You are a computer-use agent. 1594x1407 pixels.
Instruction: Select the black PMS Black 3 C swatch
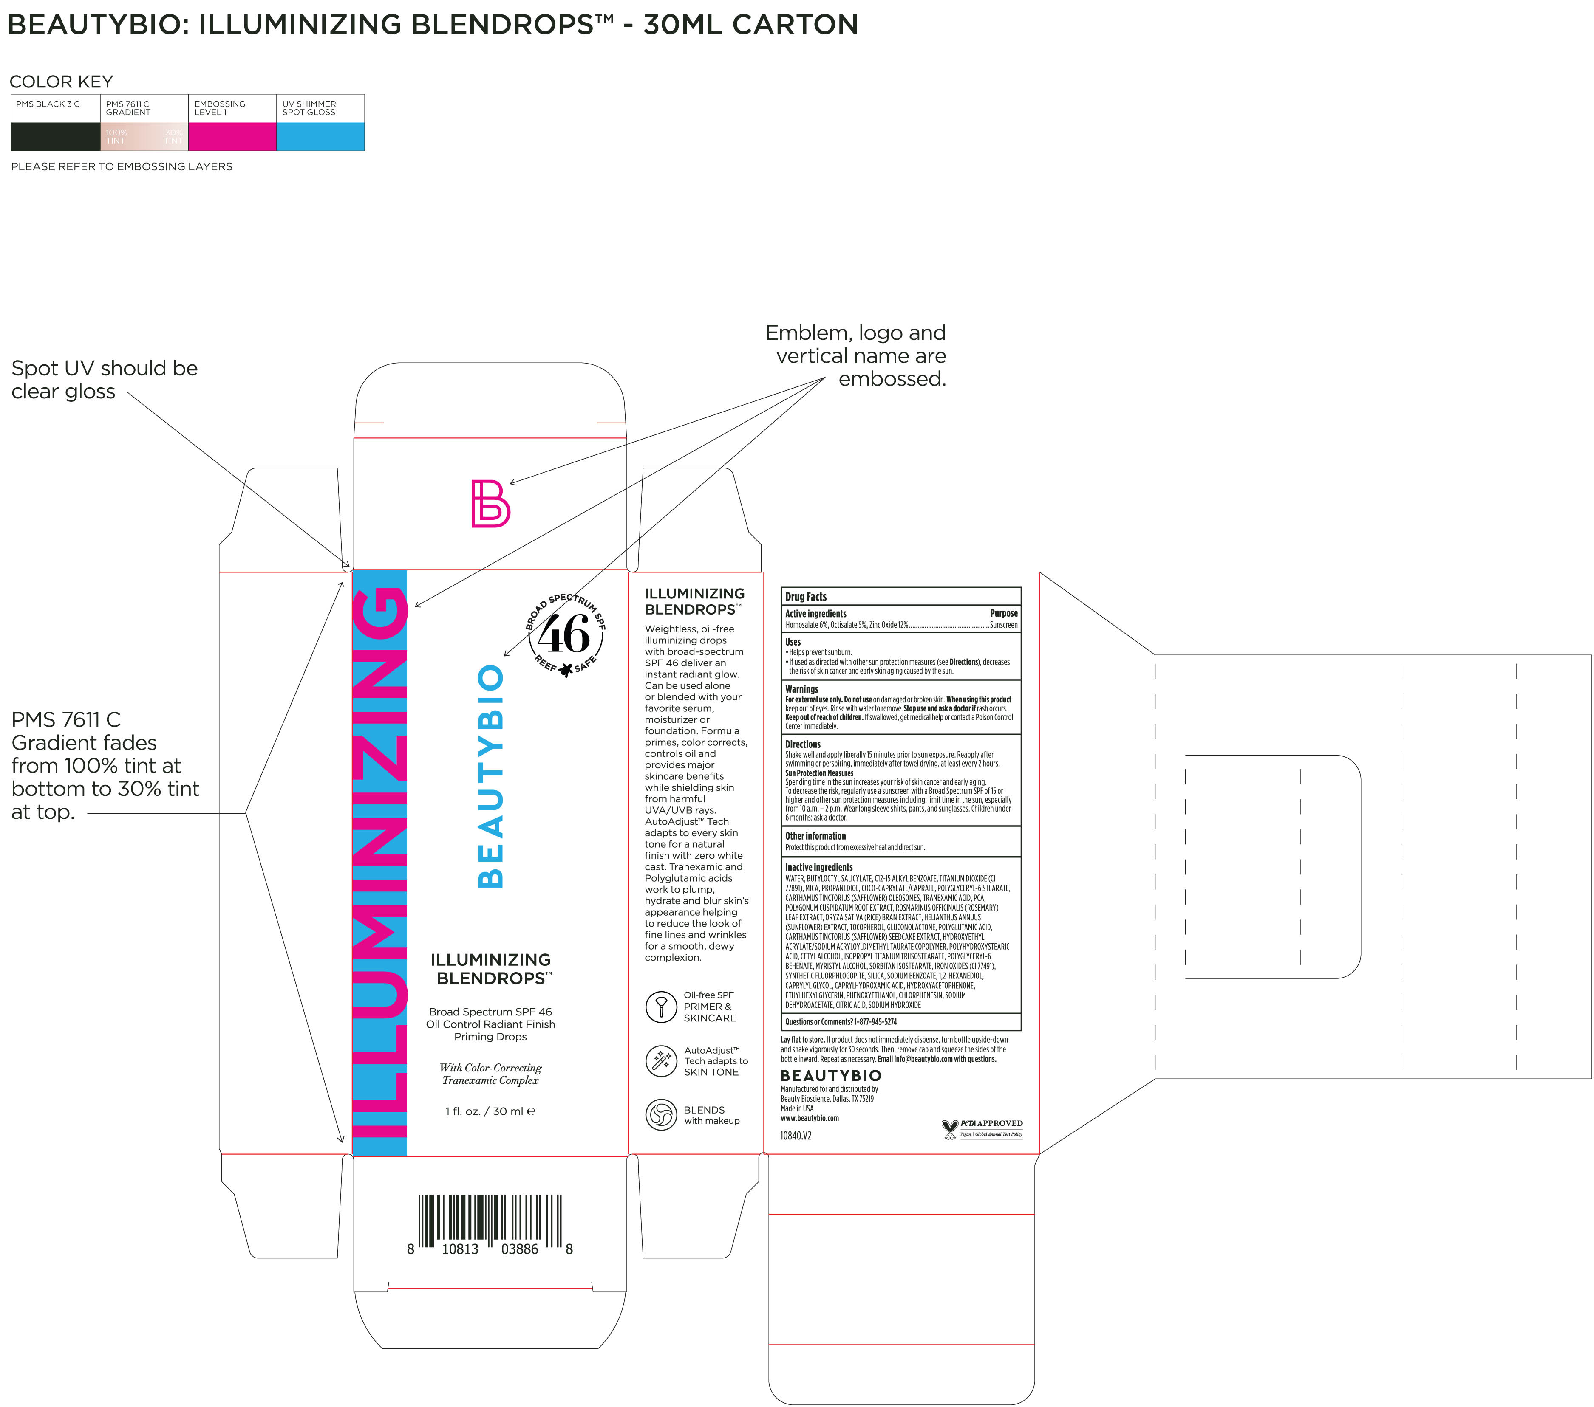pos(55,136)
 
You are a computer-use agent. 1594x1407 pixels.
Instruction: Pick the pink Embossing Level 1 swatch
pos(232,136)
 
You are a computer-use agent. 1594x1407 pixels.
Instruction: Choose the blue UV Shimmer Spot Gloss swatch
pos(320,136)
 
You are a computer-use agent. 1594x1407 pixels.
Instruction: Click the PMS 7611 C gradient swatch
pos(144,136)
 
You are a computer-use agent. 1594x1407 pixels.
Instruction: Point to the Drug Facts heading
pos(806,596)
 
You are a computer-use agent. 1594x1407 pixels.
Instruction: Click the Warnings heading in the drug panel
pos(802,689)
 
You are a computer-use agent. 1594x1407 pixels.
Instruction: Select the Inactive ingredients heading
pos(819,867)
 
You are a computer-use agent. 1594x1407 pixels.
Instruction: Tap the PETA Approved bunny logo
pos(950,1129)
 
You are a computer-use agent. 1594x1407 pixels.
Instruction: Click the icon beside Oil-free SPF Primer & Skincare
pos(661,1007)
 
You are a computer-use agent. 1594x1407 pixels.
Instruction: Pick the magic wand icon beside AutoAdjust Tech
pos(661,1061)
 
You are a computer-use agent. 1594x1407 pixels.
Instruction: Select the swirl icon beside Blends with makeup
pos(661,1115)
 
